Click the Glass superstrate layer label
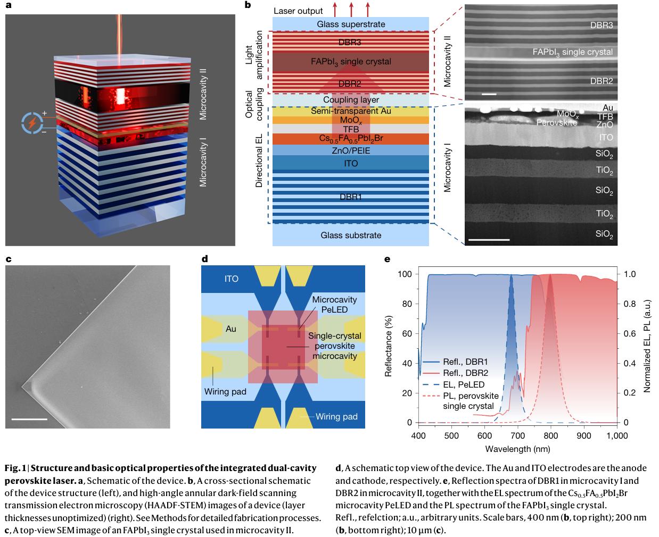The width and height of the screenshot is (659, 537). pyautogui.click(x=351, y=24)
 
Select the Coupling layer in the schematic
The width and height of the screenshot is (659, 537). pyautogui.click(x=351, y=100)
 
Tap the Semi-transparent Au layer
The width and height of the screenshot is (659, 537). pyautogui.click(x=351, y=111)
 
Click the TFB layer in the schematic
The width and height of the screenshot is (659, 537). pyautogui.click(x=351, y=129)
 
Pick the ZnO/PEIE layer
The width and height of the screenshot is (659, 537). pyautogui.click(x=351, y=150)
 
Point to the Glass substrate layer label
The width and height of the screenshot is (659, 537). pyautogui.click(x=351, y=235)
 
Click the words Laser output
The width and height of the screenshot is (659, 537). pyautogui.click(x=298, y=11)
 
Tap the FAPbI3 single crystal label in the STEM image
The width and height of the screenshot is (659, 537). pyautogui.click(x=573, y=52)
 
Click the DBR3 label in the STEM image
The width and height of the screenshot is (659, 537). pyautogui.click(x=602, y=25)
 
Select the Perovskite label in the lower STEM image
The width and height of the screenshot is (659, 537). pyautogui.click(x=556, y=122)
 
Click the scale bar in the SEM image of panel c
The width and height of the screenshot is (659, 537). pyautogui.click(x=29, y=419)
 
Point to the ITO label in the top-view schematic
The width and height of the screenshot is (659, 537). pyautogui.click(x=231, y=279)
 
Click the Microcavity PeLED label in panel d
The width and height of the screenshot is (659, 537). pyautogui.click(x=334, y=304)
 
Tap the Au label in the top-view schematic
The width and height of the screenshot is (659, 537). pyautogui.click(x=230, y=329)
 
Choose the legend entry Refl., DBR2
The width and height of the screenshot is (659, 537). pyautogui.click(x=465, y=373)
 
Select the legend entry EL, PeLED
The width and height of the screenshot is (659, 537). pyautogui.click(x=463, y=384)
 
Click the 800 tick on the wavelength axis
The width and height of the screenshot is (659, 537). pyautogui.click(x=551, y=436)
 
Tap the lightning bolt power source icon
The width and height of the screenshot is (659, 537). pyautogui.click(x=32, y=123)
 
